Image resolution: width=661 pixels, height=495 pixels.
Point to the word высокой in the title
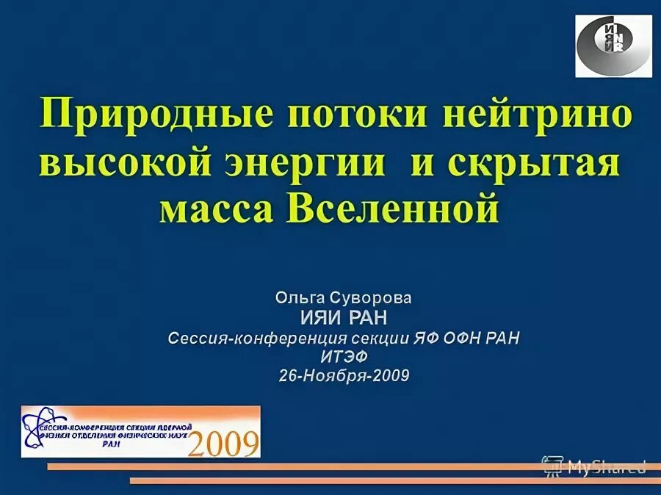pos(129,162)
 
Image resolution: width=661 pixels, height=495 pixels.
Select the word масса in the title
pos(217,209)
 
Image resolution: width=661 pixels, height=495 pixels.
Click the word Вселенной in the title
pos(397,209)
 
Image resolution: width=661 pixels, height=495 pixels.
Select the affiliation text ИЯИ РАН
pos(344,318)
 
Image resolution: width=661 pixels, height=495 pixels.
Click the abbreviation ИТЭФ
pos(344,357)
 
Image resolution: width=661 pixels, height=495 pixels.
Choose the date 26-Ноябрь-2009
pos(344,376)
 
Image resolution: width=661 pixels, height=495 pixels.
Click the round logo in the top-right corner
pos(613,46)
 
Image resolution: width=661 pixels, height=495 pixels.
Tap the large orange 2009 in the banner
pos(224,443)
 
